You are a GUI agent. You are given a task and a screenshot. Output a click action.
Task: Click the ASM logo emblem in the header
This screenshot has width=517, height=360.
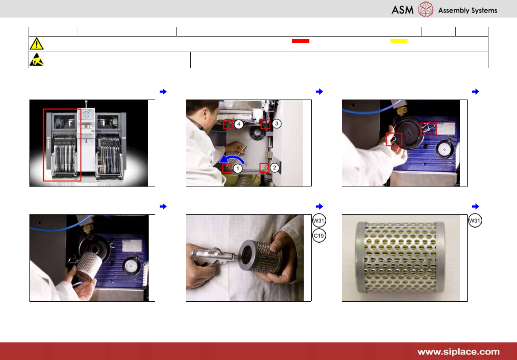click(x=426, y=9)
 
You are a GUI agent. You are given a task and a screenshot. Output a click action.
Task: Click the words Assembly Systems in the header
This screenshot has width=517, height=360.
click(x=468, y=10)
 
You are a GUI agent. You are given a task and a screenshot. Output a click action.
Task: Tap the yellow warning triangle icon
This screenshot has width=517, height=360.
click(x=37, y=44)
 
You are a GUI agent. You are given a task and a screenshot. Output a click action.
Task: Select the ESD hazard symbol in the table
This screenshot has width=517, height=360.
click(x=37, y=60)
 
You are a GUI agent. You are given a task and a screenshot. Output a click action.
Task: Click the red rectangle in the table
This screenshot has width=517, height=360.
click(x=301, y=41)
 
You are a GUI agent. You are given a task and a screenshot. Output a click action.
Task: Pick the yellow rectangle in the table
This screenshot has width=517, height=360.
click(x=399, y=41)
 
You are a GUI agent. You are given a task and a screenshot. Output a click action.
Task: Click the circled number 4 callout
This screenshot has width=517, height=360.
click(x=239, y=124)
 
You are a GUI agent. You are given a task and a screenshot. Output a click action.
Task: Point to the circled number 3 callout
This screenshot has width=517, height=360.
click(x=277, y=123)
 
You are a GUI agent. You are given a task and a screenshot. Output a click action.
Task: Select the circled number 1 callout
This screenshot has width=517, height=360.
click(x=238, y=168)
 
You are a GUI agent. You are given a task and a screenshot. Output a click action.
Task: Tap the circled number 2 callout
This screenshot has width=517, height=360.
click(x=274, y=168)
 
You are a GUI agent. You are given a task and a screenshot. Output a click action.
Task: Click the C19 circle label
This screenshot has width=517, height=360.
click(x=319, y=236)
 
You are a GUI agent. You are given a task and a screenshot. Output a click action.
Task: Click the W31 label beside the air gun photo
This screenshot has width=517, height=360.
click(x=319, y=221)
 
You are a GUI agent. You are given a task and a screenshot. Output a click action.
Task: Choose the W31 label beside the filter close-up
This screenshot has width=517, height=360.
click(x=475, y=221)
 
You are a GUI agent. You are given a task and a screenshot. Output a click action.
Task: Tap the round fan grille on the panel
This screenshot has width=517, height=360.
click(x=257, y=134)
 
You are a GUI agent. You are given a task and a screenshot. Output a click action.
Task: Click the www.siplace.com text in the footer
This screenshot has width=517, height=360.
click(x=458, y=352)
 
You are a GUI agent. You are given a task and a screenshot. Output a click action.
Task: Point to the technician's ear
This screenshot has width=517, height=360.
click(x=205, y=113)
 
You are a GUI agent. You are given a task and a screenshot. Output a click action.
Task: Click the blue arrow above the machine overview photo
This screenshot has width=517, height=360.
click(x=163, y=92)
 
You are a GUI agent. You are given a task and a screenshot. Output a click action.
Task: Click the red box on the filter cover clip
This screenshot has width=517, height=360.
click(x=429, y=129)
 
